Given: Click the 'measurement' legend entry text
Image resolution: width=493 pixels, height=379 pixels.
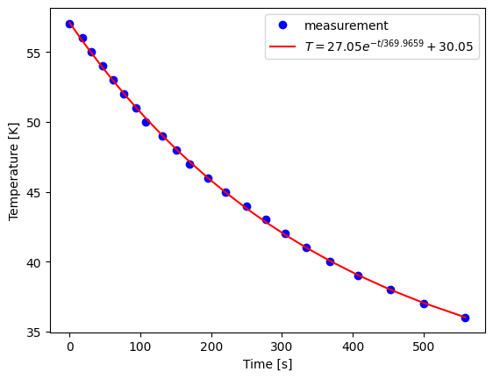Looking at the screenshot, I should click(346, 26).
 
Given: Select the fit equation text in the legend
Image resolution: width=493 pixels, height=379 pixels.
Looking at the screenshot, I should click(390, 47).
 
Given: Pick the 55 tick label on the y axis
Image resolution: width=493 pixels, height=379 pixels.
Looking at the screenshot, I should click(34, 53).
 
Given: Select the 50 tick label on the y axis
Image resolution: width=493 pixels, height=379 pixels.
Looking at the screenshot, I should click(34, 123).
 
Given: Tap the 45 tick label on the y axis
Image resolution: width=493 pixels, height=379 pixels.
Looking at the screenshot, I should click(34, 193).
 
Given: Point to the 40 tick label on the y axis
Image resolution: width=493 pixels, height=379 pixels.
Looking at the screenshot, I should click(34, 262).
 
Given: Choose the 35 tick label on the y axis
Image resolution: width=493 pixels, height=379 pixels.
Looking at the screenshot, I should click(34, 333).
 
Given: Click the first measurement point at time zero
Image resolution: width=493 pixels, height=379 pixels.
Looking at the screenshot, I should click(69, 24).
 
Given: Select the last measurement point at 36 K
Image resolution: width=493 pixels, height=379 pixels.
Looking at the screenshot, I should click(465, 318).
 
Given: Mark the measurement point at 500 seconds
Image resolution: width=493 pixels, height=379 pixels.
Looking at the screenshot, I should click(424, 304).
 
